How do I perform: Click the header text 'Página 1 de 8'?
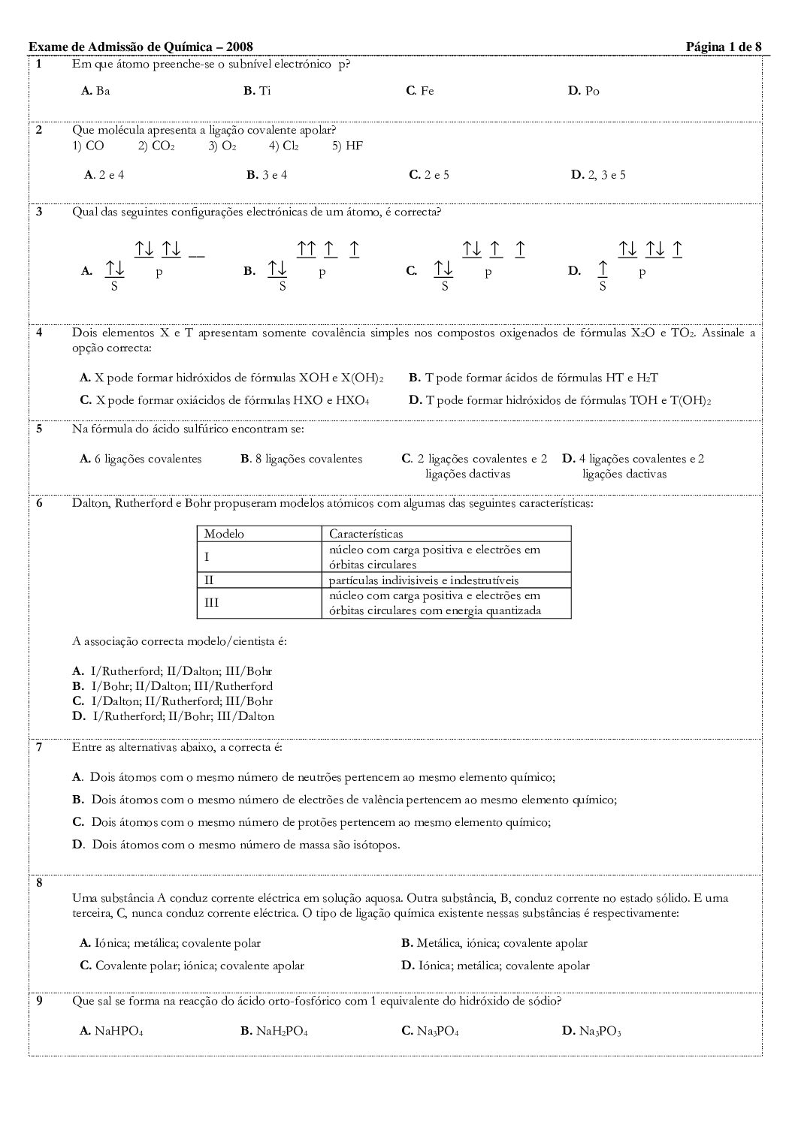coord(724,47)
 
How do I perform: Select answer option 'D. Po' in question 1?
coord(584,91)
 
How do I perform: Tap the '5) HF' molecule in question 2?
coord(347,146)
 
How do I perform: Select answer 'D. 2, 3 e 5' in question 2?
coord(598,175)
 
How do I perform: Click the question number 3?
coord(39,212)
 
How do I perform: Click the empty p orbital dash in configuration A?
coord(196,255)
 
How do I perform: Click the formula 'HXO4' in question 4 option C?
coord(352,400)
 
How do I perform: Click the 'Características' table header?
coord(366,534)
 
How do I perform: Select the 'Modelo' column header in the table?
coord(224,534)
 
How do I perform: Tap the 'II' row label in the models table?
coord(210,580)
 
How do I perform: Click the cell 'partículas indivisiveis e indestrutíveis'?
coord(424,580)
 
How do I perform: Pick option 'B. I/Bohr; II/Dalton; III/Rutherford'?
coord(173,686)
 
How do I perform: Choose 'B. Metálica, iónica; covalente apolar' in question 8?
coord(494,943)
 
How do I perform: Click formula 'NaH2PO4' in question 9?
coord(282,1032)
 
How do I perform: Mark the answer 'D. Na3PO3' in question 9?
coord(591,1032)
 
